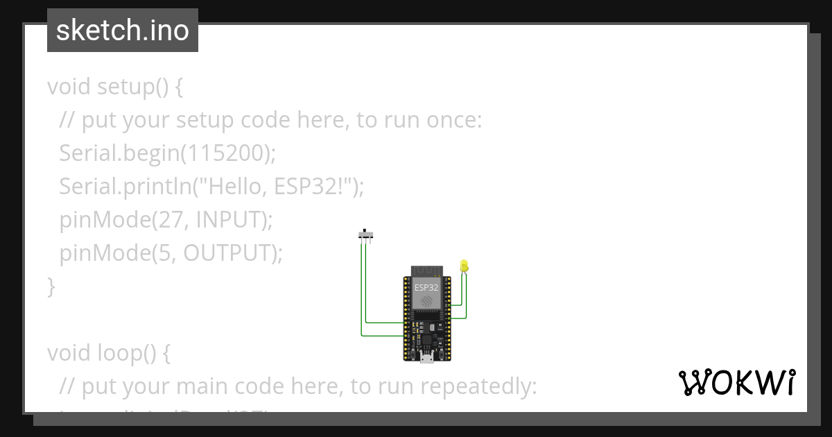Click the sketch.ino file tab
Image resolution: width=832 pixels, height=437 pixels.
pyautogui.click(x=122, y=31)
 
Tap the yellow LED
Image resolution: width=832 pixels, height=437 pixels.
pyautogui.click(x=464, y=266)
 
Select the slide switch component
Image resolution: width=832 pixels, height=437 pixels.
pyautogui.click(x=367, y=234)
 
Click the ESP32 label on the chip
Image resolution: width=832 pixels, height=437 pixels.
pyautogui.click(x=426, y=286)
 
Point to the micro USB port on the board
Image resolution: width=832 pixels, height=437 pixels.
pyautogui.click(x=427, y=358)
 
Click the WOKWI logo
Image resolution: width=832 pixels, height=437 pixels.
pyautogui.click(x=736, y=382)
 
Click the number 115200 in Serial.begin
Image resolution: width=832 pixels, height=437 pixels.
pyautogui.click(x=225, y=153)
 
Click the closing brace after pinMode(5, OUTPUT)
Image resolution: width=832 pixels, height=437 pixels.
pyautogui.click(x=51, y=286)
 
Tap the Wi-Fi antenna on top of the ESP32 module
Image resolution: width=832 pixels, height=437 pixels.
pyautogui.click(x=426, y=271)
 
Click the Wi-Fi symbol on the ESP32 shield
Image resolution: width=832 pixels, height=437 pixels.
pyautogui.click(x=426, y=300)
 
